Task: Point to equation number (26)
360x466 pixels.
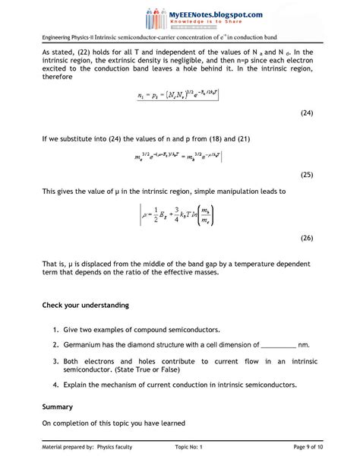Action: coord(307,238)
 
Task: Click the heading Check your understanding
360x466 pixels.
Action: coord(85,306)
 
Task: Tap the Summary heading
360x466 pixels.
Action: coord(58,406)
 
